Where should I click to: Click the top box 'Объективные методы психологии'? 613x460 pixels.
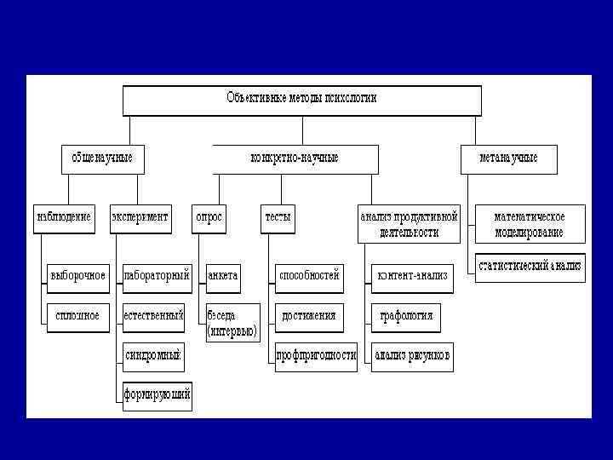(x=302, y=99)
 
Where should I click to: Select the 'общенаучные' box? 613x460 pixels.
(x=102, y=158)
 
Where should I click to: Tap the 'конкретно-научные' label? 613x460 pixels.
(x=295, y=158)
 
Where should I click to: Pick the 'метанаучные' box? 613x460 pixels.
(x=508, y=158)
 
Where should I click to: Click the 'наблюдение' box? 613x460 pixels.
(x=65, y=217)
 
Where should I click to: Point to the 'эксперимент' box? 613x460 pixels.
(x=140, y=217)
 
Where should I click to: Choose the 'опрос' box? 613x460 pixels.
(x=209, y=217)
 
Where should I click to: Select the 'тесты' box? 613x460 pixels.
(x=278, y=217)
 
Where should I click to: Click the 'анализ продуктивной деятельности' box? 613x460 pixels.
(x=410, y=224)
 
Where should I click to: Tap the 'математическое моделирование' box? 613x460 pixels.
(x=530, y=224)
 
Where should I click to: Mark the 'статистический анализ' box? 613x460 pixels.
(x=530, y=267)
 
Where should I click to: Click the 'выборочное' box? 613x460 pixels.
(x=77, y=276)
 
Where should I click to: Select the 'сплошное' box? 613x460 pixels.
(x=77, y=316)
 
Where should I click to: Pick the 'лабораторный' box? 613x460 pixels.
(x=157, y=276)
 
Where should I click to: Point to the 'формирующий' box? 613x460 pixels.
(x=158, y=396)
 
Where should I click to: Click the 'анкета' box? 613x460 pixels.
(x=223, y=276)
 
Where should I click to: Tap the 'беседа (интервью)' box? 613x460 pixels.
(x=232, y=324)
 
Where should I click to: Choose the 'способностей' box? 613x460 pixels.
(x=310, y=276)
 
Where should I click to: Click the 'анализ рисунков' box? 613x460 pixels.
(x=413, y=356)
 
